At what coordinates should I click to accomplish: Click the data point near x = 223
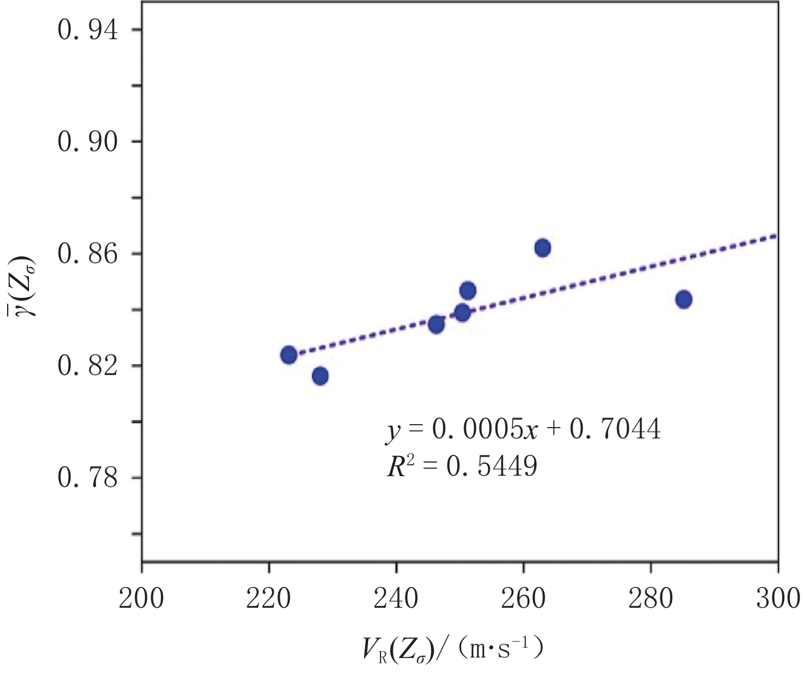(x=289, y=355)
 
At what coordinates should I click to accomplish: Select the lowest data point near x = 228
(x=320, y=376)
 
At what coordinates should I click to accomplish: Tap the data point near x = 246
(x=436, y=325)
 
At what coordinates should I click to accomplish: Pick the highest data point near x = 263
(x=542, y=248)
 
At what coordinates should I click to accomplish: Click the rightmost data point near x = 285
(x=683, y=299)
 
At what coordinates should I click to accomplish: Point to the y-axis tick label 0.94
(x=88, y=30)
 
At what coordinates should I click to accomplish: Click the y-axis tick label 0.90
(x=88, y=142)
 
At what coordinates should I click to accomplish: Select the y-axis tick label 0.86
(x=88, y=253)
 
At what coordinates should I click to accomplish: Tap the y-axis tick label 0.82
(x=88, y=365)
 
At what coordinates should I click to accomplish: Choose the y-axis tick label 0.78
(x=88, y=477)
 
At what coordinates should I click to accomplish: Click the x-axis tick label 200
(x=141, y=599)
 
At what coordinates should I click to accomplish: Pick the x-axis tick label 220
(x=269, y=599)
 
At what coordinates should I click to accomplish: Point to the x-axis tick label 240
(x=396, y=599)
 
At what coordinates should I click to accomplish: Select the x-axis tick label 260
(x=524, y=599)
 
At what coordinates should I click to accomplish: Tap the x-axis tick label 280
(x=651, y=599)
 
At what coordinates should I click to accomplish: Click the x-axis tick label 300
(x=778, y=599)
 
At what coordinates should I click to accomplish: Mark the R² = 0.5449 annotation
(x=462, y=467)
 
